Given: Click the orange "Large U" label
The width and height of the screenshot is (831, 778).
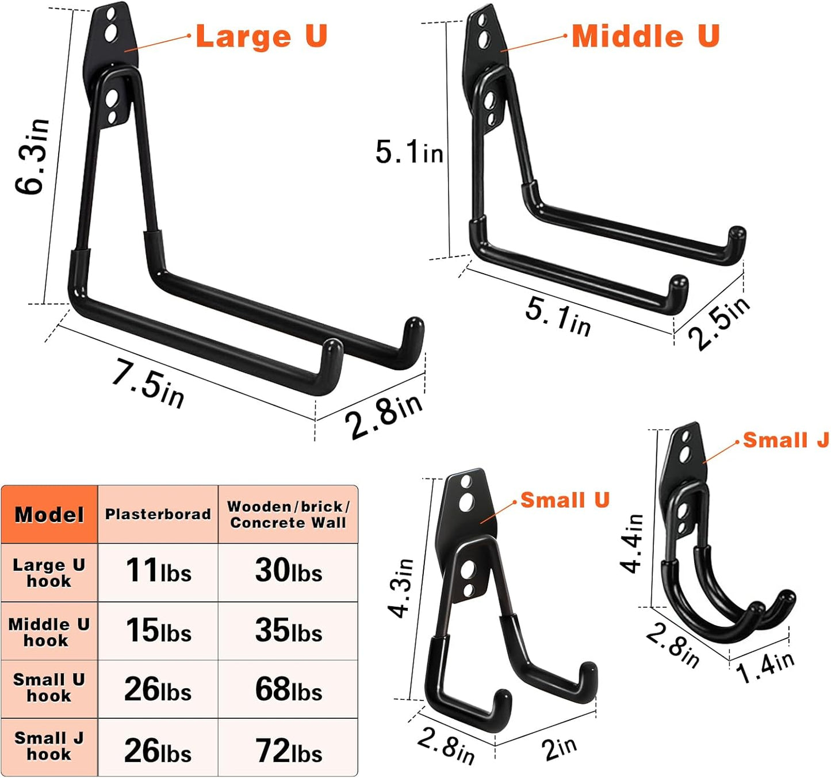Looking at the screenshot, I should pos(261,36).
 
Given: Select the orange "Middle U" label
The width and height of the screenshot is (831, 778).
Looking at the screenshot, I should pos(645,36).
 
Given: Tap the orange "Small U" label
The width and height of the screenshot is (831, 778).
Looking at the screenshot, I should pos(565,500).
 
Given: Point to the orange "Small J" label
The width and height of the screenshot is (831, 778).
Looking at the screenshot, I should pos(786,440).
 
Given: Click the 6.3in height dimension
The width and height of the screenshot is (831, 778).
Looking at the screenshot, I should pos(33,156).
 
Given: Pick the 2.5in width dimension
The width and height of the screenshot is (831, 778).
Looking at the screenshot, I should pos(719,323).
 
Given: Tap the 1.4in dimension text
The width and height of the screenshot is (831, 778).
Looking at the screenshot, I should pos(765,666).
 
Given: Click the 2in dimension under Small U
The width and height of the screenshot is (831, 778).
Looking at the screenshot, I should pos(559,748).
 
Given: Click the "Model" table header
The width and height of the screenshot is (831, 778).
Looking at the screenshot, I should pos(49,515).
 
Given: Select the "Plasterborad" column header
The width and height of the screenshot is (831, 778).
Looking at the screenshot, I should pos(158,514).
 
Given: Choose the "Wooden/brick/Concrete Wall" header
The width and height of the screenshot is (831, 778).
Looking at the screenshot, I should pos(288,515).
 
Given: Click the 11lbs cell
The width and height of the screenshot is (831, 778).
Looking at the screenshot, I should pos(158,571).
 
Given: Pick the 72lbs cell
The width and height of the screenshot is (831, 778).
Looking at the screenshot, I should pos(289,750).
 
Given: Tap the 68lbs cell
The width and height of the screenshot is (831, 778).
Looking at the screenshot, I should pos(289,689).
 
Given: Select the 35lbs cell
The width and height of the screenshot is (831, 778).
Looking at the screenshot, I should pos(289,631).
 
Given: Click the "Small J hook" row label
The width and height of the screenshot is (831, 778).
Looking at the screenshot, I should pos(49,746).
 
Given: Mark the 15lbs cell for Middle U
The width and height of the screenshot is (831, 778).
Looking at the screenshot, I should pos(158,631).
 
